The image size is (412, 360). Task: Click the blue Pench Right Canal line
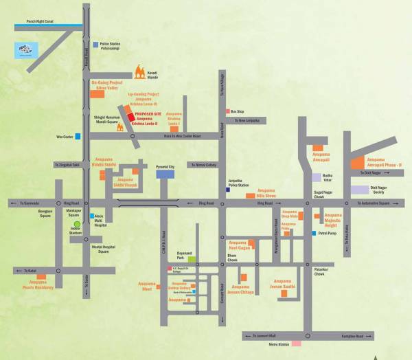click(41, 26)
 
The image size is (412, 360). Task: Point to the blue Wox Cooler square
click(78, 137)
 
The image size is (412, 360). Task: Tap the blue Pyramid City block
click(165, 175)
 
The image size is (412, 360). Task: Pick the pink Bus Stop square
click(227, 111)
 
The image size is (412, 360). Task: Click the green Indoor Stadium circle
click(77, 224)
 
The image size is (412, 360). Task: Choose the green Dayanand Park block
click(193, 259)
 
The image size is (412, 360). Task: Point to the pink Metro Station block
click(296, 343)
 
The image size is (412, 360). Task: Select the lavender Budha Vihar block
click(317, 177)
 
